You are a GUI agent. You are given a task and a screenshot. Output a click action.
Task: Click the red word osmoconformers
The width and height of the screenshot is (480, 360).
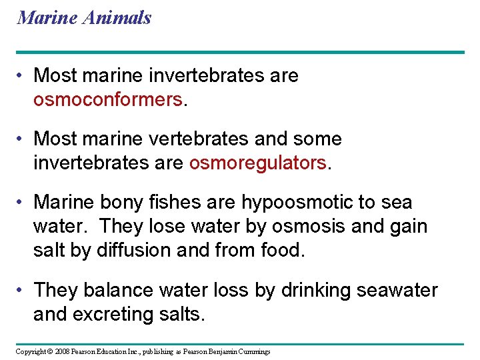[x=107, y=100]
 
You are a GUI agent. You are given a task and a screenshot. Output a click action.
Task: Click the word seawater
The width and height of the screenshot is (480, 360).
[x=399, y=290]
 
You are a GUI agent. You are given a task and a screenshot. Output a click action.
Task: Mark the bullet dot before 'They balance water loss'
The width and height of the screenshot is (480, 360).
[x=22, y=291]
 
